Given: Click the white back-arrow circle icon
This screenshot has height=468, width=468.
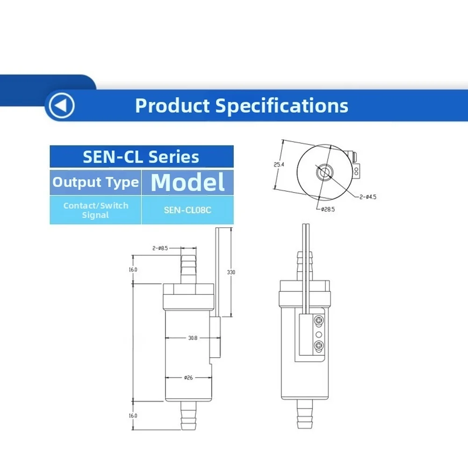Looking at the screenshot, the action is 62,106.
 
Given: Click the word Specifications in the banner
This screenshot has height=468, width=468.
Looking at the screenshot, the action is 281,106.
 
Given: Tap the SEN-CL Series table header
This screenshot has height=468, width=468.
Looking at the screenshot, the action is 142,157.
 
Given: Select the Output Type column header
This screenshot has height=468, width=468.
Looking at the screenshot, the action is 95,182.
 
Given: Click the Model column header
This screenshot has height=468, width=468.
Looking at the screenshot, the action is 188,182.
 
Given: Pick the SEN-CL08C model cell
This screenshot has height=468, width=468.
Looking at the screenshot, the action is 188,210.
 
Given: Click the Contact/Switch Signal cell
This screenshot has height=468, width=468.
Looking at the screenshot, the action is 95,210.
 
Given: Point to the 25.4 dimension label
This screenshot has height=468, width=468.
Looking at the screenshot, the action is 279,165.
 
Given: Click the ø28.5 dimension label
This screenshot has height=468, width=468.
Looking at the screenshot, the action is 328,209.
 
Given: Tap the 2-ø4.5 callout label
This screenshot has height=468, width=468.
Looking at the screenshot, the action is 367,197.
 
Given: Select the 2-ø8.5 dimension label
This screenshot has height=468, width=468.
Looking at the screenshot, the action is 160,248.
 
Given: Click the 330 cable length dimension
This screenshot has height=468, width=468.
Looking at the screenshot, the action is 231,272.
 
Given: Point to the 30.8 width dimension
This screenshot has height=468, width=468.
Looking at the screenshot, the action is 193,338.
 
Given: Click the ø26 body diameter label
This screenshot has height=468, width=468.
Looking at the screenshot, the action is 188,378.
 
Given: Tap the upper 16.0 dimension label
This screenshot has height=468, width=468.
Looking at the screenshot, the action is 133,269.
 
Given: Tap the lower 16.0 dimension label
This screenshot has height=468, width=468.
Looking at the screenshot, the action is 133,416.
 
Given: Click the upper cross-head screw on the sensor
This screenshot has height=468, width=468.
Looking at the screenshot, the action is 319,321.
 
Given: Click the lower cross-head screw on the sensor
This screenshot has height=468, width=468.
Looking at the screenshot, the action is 319,346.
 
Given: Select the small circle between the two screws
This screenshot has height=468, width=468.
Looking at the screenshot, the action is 319,334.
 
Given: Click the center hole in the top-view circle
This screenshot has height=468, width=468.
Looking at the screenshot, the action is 323,172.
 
